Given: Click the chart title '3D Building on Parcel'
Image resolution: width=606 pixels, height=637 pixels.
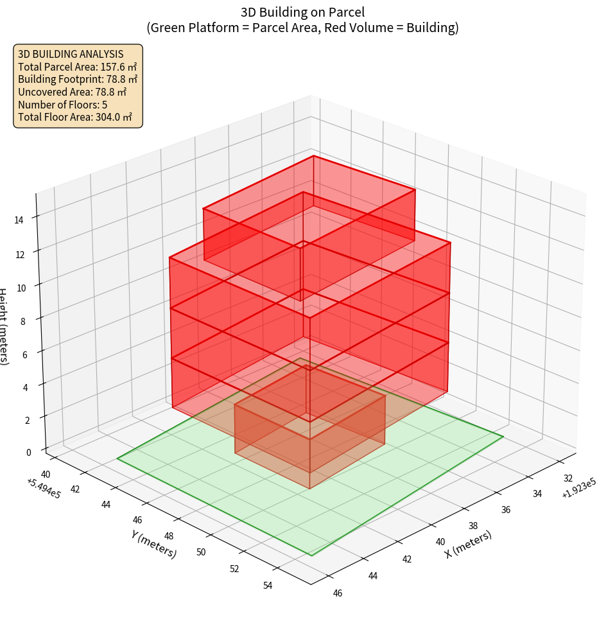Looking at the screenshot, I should tap(302, 12).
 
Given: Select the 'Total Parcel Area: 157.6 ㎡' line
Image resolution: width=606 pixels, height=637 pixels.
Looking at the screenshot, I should tap(78, 67).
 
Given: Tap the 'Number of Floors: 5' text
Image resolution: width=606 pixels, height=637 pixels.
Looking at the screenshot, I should tap(63, 105).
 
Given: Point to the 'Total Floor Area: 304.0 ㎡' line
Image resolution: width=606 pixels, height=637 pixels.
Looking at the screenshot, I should tap(75, 118).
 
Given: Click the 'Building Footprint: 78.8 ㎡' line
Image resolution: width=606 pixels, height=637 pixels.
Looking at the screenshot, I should tap(78, 80).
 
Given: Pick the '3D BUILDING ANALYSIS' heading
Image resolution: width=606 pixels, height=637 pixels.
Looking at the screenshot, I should tap(71, 54).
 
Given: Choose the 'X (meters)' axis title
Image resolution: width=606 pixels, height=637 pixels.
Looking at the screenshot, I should tap(469, 544).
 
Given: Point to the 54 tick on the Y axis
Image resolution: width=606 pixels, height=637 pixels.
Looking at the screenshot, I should tap(268, 585).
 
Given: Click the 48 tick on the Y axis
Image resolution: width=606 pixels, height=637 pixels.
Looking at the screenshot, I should tap(169, 536).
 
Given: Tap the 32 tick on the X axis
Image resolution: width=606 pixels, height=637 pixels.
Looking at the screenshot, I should tap(568, 478).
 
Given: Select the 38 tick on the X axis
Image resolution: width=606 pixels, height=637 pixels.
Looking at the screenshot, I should tap(472, 526).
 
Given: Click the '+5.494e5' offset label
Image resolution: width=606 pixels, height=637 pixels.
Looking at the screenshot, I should tap(43, 488).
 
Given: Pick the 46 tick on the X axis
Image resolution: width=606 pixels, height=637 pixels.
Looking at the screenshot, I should tap(338, 593).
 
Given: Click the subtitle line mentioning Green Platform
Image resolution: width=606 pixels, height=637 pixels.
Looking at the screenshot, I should tap(302, 28).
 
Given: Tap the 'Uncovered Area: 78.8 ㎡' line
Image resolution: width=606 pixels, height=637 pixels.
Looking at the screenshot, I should tap(72, 92).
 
